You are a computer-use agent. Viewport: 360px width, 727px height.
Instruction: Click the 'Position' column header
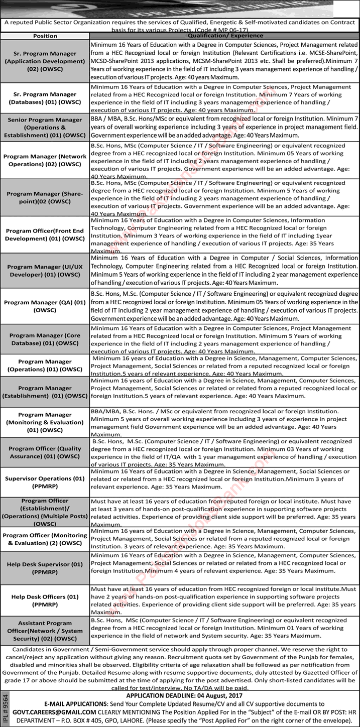45,36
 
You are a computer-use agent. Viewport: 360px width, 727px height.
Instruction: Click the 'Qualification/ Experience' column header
225,36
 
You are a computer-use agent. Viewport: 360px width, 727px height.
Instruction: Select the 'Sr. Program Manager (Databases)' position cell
45,98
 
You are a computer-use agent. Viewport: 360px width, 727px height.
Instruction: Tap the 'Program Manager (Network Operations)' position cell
45,160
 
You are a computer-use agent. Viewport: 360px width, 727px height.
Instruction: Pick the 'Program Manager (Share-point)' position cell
45,197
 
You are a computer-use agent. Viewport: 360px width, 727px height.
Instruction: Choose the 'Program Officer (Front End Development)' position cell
45,234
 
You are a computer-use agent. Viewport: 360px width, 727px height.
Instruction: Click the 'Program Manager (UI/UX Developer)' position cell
45,272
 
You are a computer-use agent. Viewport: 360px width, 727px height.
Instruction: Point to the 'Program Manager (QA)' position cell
45,306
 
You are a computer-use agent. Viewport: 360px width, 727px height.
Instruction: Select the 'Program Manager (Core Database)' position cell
45,339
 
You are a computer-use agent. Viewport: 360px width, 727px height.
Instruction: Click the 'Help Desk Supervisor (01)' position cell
45,568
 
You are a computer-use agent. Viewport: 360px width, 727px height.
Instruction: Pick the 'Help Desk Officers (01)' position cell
45,600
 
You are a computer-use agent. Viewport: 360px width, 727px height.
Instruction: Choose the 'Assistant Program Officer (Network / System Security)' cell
45,631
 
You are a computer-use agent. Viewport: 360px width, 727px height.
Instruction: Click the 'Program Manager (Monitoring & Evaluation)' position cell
45,422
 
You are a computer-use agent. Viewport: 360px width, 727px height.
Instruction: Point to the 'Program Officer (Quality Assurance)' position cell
45,452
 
